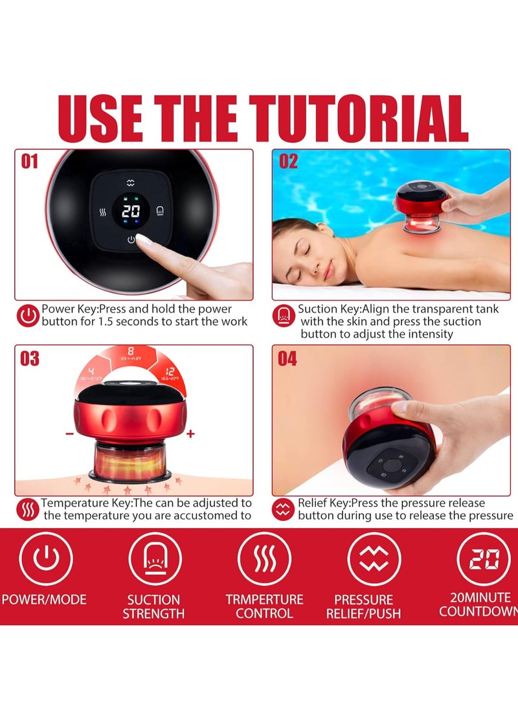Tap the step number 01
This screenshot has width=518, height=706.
coord(30,162)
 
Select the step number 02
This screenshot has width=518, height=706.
coord(289,162)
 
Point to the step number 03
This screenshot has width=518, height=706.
coord(30,358)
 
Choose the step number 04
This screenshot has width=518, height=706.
coord(289,358)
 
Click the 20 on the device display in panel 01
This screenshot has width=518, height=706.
coord(131,211)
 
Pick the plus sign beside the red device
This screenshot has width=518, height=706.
coord(190,434)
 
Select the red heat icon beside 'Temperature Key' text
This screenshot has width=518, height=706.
coord(28,510)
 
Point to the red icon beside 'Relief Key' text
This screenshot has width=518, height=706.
coord(284,510)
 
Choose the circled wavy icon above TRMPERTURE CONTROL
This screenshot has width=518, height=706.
coord(264,558)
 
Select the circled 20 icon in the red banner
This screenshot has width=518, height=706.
coord(483,558)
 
